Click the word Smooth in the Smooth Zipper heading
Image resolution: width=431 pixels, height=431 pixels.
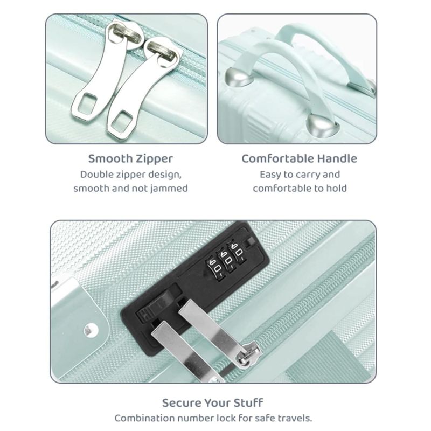(x=110, y=158)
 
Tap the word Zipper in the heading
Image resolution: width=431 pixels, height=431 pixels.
(x=155, y=159)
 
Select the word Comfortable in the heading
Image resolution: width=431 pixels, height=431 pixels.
(x=277, y=158)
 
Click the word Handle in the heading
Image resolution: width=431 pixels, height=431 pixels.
(x=337, y=158)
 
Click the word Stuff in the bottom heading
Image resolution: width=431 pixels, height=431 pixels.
(x=248, y=403)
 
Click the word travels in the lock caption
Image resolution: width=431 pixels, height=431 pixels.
(x=294, y=419)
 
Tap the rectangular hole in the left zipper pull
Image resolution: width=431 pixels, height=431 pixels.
(x=87, y=103)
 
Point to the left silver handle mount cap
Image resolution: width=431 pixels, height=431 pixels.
(x=237, y=77)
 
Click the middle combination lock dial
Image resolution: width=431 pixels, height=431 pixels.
(x=227, y=260)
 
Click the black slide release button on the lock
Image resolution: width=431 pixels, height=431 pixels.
(x=154, y=304)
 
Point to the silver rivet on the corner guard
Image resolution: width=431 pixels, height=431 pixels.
(x=91, y=330)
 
